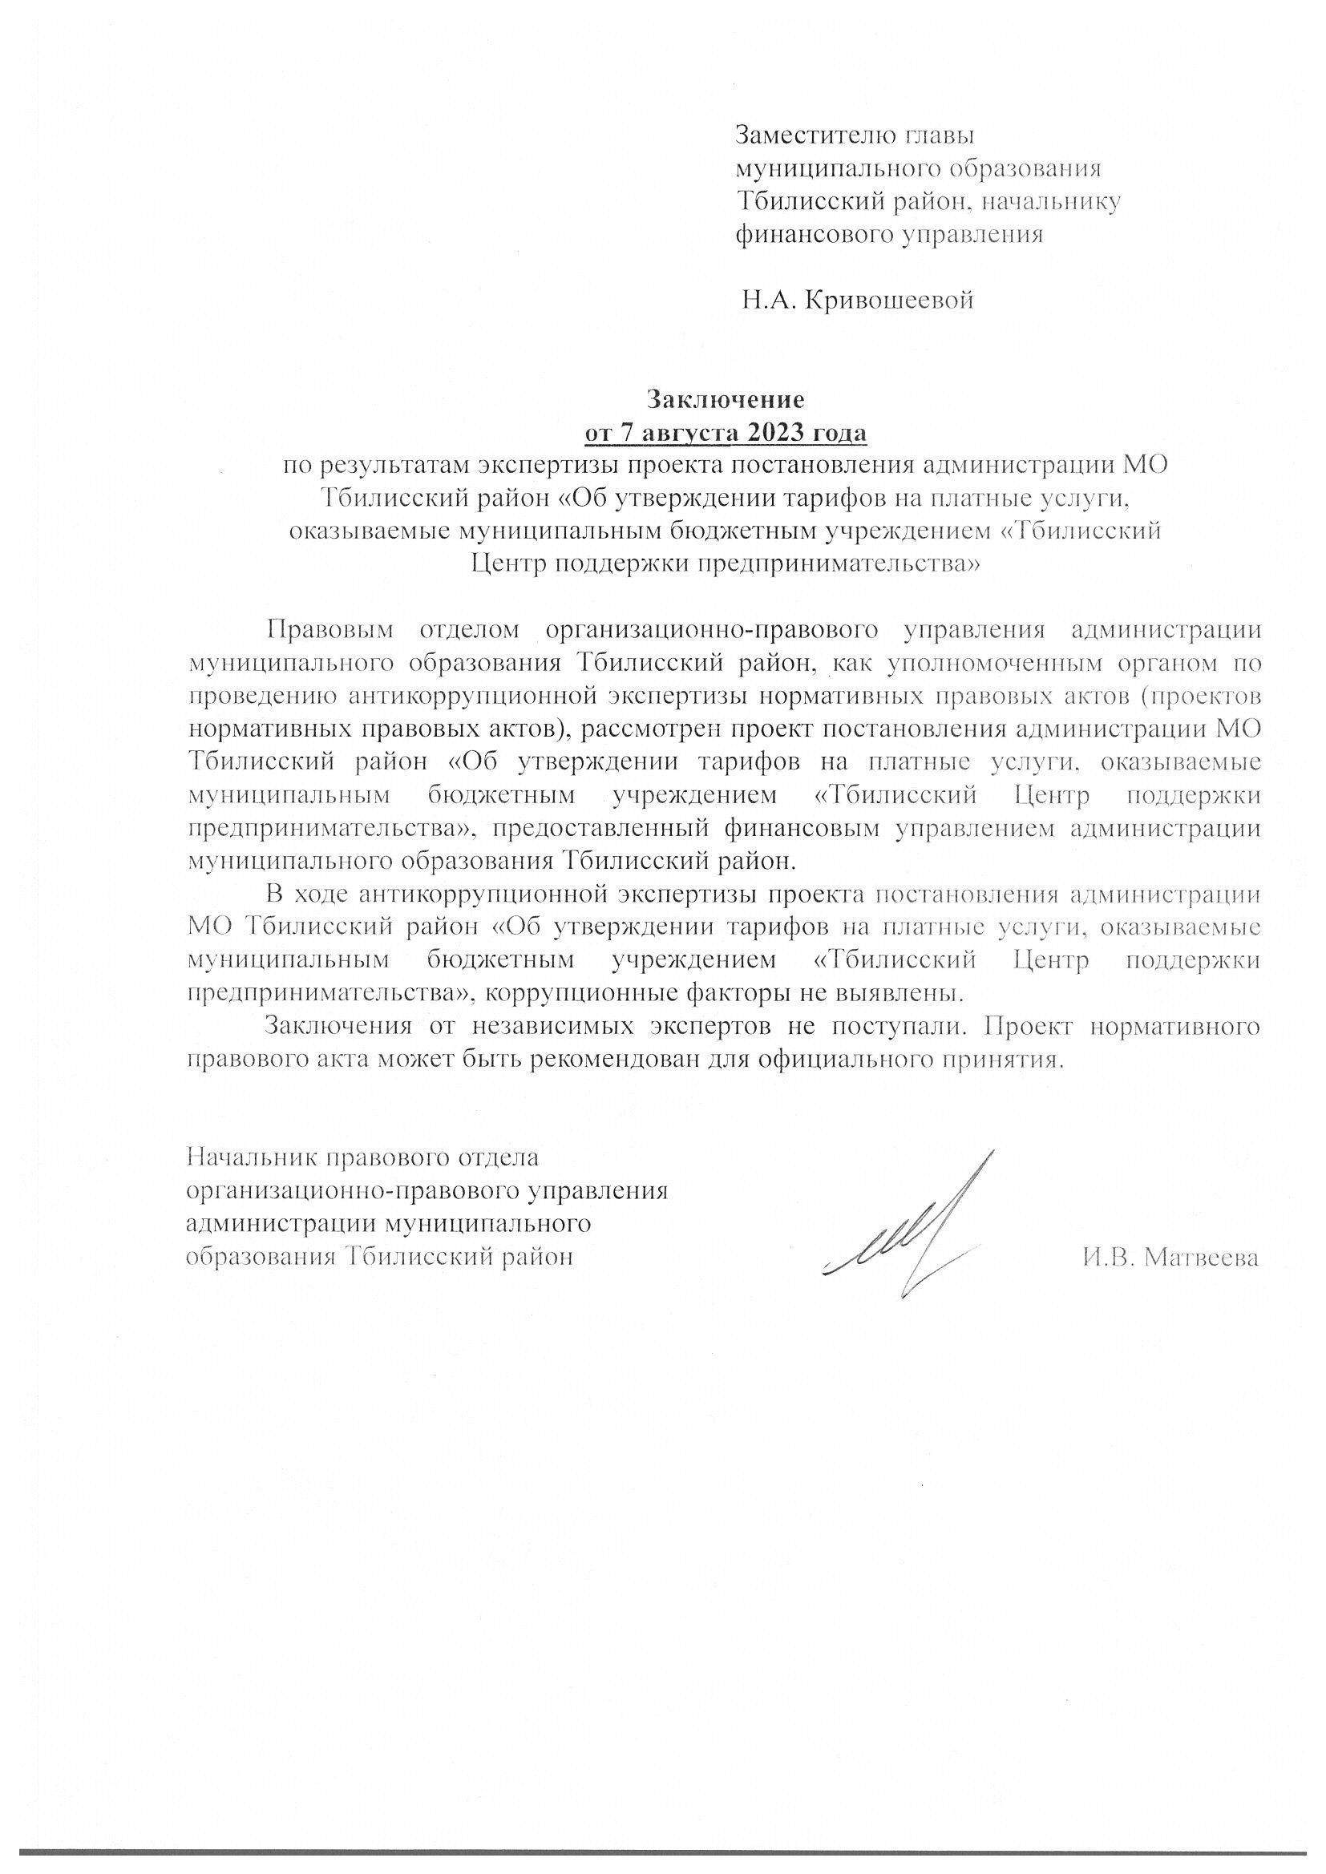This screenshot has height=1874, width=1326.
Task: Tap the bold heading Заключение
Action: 725,399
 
